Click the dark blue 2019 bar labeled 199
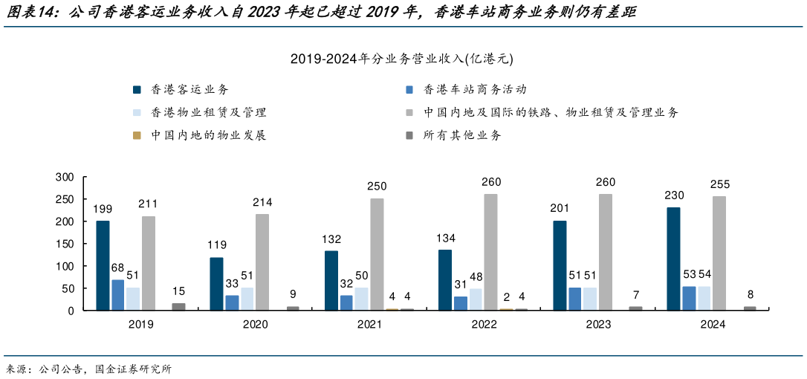(x=103, y=265)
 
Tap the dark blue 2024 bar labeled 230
(x=673, y=259)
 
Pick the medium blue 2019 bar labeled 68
(x=118, y=295)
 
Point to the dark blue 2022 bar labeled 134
(x=445, y=280)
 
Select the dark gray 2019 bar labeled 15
(x=179, y=306)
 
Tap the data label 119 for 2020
(x=217, y=244)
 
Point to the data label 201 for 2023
(x=560, y=208)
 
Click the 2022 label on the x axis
(x=484, y=325)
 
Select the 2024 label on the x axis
(x=712, y=325)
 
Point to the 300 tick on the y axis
(x=65, y=177)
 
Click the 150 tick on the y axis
(x=65, y=244)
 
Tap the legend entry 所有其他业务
(x=461, y=135)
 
